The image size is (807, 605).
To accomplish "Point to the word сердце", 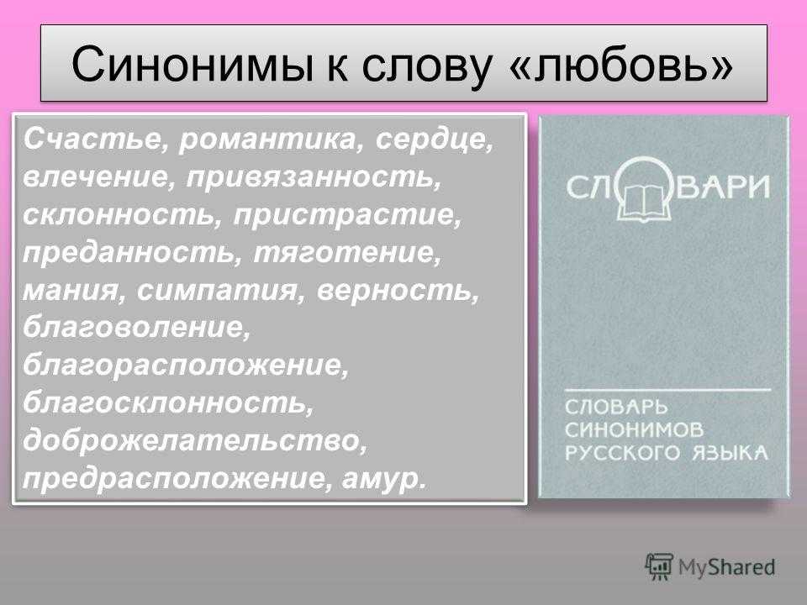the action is (435, 140).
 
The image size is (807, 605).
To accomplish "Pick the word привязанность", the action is (314, 178).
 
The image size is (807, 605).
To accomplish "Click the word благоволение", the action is (136, 327).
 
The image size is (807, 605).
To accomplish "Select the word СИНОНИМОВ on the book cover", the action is (634, 429).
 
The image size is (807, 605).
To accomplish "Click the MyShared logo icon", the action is (659, 566).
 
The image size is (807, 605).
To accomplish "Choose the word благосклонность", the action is (168, 402).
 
